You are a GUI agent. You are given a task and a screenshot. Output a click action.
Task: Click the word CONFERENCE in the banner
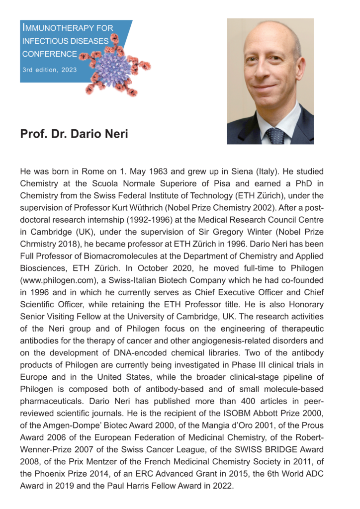(49, 54)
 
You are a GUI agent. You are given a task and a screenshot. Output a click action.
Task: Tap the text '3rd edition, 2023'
(49, 70)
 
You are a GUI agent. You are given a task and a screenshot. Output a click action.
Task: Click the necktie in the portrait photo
(275, 135)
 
